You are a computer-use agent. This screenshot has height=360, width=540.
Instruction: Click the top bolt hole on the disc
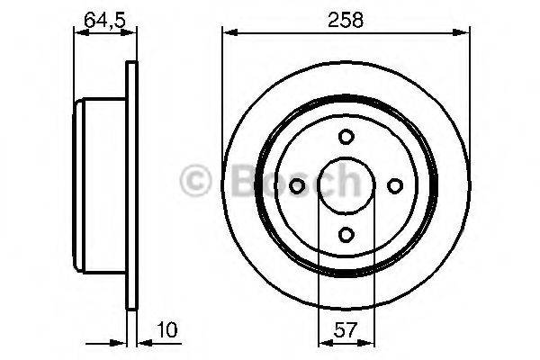346,137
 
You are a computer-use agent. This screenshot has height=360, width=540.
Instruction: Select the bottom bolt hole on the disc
346,234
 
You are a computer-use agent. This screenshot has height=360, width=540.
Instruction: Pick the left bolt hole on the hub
298,185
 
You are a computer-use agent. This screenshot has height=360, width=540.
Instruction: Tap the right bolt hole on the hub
394,185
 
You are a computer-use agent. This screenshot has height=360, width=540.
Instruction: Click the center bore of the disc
346,185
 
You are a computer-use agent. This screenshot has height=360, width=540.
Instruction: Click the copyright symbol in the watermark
196,183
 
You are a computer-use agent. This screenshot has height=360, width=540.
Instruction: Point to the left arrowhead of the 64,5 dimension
78,33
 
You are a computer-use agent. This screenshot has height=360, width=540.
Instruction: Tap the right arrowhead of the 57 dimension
366,341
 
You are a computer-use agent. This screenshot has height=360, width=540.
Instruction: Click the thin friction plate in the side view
131,185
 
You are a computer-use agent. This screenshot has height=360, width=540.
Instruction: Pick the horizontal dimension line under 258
346,33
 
